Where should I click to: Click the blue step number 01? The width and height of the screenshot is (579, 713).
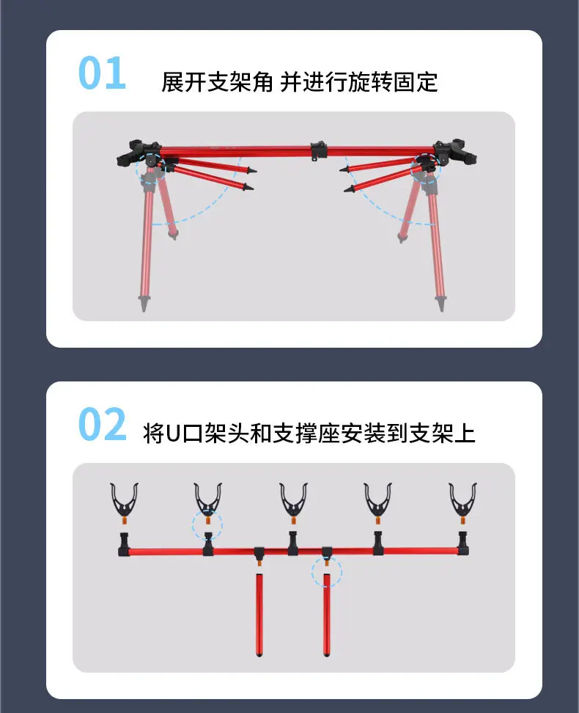[x=102, y=73]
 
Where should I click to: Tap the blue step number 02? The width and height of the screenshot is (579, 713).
[x=103, y=424]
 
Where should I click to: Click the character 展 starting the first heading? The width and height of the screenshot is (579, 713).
[x=172, y=82]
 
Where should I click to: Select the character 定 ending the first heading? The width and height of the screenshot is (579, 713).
[x=427, y=82]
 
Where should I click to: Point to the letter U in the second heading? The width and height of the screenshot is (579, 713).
[x=173, y=434]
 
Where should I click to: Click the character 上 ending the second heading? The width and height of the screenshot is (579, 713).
[x=465, y=434]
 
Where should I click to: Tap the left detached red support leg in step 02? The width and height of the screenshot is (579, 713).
[x=259, y=615]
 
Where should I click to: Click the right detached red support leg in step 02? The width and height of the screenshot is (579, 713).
[x=326, y=615]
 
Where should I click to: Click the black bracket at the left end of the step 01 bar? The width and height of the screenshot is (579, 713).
[x=139, y=153]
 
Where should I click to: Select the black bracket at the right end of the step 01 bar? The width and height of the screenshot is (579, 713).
[x=454, y=153]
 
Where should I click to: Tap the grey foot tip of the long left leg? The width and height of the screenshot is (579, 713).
[x=144, y=303]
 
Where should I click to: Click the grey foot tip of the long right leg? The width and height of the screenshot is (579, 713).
[x=440, y=303]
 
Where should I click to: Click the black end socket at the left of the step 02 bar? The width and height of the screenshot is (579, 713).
[x=124, y=544]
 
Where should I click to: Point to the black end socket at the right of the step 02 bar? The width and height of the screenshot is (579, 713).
[x=462, y=544]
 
